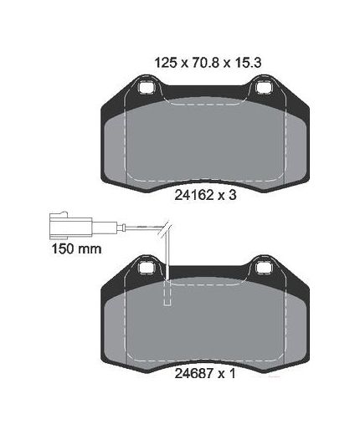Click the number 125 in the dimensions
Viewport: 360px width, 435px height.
tap(166, 63)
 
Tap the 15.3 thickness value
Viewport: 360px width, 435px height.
tap(248, 63)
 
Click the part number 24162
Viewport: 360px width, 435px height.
tap(193, 195)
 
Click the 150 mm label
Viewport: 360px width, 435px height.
tap(76, 248)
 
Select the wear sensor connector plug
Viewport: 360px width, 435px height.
tap(70, 225)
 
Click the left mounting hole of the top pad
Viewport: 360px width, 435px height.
tap(146, 87)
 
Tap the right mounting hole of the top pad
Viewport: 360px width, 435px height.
tap(264, 87)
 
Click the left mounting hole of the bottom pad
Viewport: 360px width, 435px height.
tap(146, 268)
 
